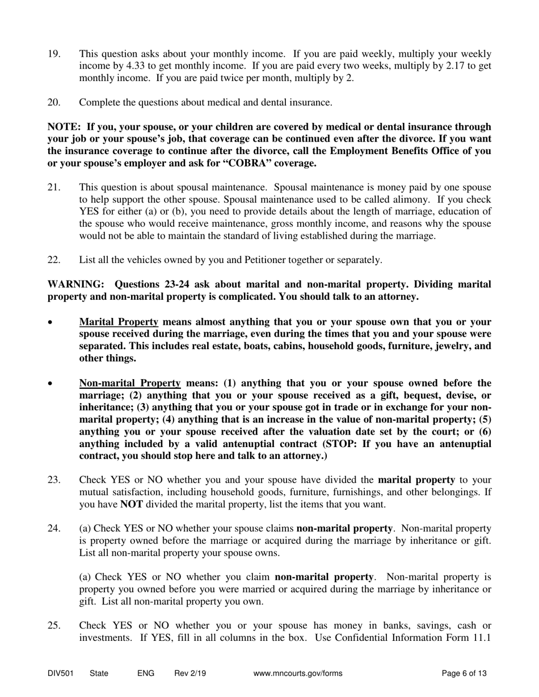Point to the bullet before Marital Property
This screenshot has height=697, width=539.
tap(52, 322)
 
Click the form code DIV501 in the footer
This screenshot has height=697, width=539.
tap(61, 674)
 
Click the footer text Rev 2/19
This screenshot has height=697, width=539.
tap(190, 674)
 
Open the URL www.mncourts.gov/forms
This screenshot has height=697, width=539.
tap(298, 674)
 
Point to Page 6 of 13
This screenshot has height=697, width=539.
tap(464, 674)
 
